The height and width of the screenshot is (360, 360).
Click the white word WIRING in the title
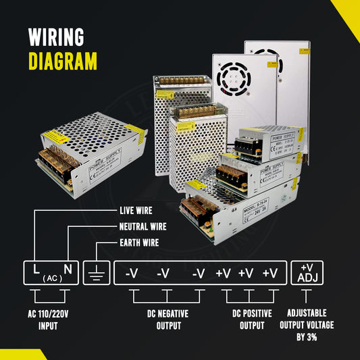click(56, 36)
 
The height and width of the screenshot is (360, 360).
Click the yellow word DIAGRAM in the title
click(63, 61)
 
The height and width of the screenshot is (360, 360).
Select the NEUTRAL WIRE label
click(143, 227)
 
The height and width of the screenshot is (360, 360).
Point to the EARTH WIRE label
click(139, 242)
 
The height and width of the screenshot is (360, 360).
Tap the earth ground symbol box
click(96, 272)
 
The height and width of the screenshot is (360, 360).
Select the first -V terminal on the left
click(131, 273)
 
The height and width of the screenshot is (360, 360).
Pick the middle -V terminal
click(164, 273)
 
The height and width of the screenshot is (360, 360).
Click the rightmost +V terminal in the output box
click(270, 273)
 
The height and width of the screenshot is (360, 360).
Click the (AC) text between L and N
click(51, 278)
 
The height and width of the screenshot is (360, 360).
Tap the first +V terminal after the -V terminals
click(224, 273)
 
